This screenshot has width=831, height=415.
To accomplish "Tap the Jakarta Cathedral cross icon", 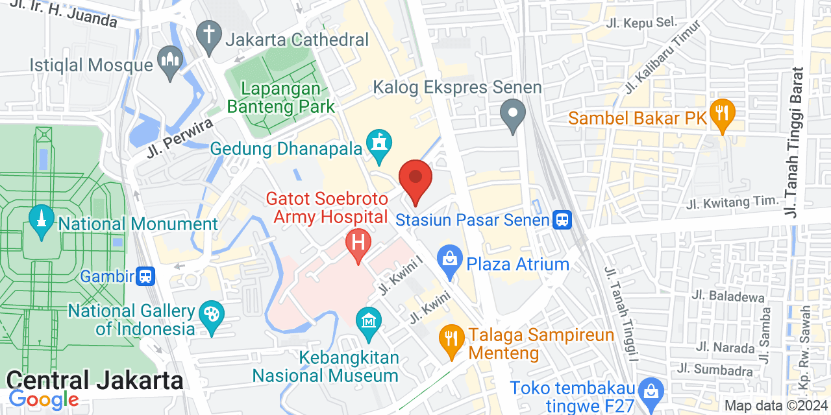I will [209, 37].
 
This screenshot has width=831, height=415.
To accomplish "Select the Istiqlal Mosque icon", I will [170, 64].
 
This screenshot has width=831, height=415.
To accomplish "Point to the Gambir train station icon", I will [146, 276].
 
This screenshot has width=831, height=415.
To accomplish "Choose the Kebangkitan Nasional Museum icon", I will [369, 322].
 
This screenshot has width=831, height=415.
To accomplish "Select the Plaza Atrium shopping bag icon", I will [449, 262].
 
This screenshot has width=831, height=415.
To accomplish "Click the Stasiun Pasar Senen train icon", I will [562, 220].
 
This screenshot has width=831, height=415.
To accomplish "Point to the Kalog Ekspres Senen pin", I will [514, 114].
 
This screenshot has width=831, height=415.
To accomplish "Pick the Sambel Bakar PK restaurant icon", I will [721, 113].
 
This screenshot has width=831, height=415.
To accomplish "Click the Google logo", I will [43, 399].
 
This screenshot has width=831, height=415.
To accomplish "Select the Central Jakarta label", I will [95, 379].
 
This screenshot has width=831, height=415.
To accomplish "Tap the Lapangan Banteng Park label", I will [280, 98].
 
